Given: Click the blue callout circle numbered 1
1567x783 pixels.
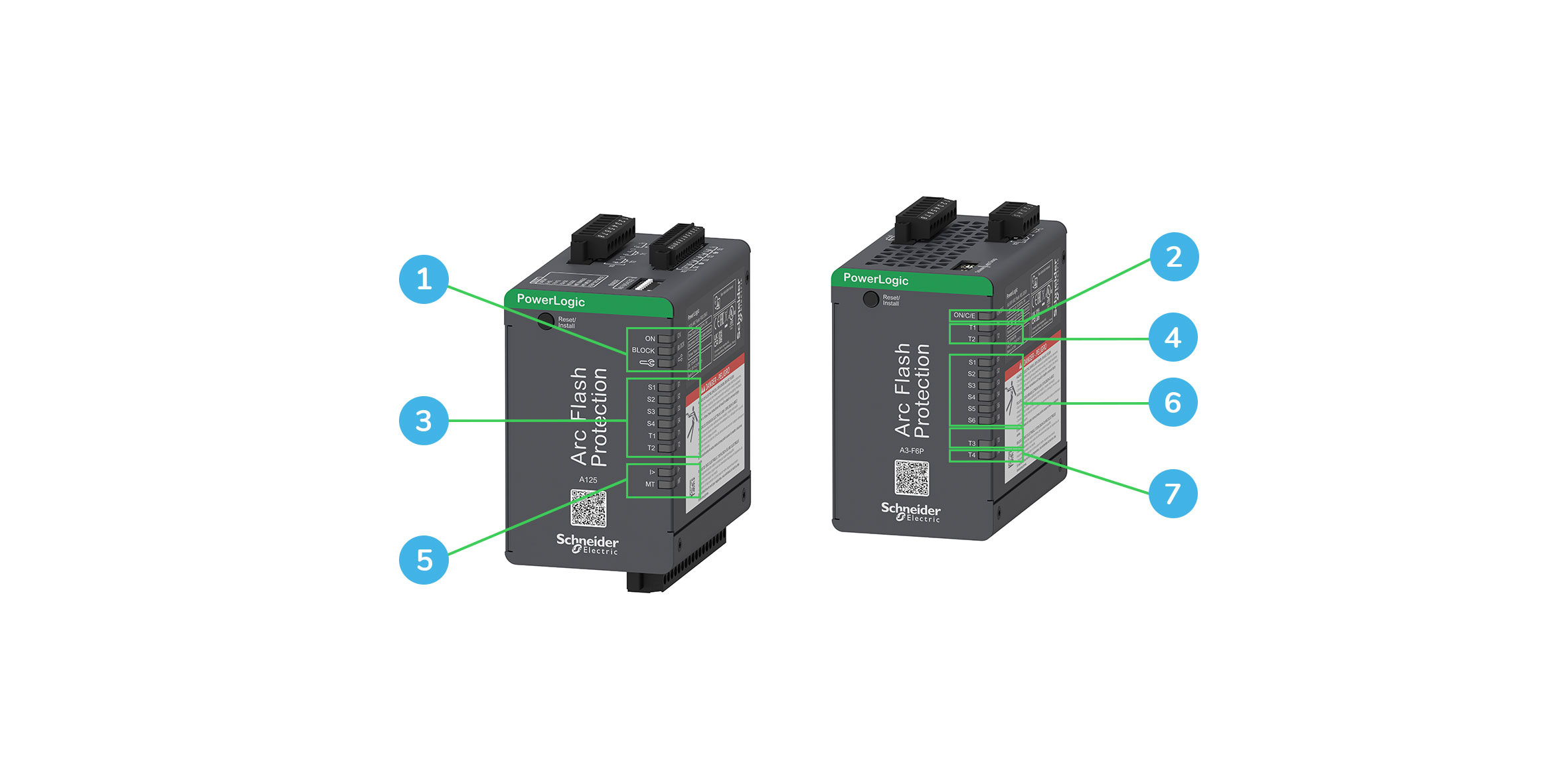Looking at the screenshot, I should pos(424,279).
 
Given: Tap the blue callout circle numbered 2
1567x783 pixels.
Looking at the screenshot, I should pos(1174,257).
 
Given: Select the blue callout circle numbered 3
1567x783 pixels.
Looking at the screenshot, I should pos(424,421).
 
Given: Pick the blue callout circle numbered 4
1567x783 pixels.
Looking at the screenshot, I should pos(1173,337).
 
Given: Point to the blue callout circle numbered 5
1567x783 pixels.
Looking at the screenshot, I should pos(424,560).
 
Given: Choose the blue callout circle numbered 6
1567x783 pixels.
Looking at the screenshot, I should pos(1173,402).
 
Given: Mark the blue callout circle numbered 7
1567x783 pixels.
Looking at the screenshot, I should pos(1173,494).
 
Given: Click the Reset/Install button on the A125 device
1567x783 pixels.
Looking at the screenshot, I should pos(546,321).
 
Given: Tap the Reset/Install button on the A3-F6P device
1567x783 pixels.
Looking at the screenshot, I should pos(870,299).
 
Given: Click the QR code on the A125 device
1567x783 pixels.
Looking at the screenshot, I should pos(588,508).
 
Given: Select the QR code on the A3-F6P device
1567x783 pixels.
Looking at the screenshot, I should pos(912,478).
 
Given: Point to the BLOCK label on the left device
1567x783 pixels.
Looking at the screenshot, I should pos(643,350).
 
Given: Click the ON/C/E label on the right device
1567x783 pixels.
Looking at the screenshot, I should pos(964,316).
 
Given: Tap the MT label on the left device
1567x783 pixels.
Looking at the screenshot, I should pos(650,484).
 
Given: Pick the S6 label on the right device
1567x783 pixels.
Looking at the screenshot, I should pos(971,420).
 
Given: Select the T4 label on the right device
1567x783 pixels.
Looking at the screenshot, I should pos(971,455).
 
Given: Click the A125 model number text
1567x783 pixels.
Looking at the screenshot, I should pos(588,480).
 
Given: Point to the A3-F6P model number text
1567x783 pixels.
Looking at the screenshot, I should pos(912,451).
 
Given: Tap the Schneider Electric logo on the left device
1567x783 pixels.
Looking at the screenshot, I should pos(587,543).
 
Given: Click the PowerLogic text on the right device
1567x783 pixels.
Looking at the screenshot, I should pos(875,279).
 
